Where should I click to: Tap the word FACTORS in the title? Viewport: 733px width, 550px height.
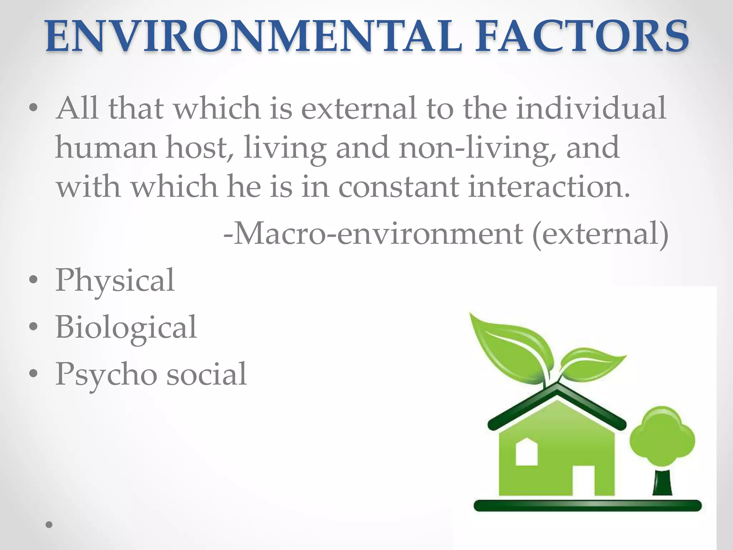click(581, 36)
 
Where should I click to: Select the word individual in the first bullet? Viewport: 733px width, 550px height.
click(591, 108)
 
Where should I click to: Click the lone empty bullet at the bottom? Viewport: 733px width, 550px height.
click(49, 525)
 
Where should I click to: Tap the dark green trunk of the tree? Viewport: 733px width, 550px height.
click(662, 483)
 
